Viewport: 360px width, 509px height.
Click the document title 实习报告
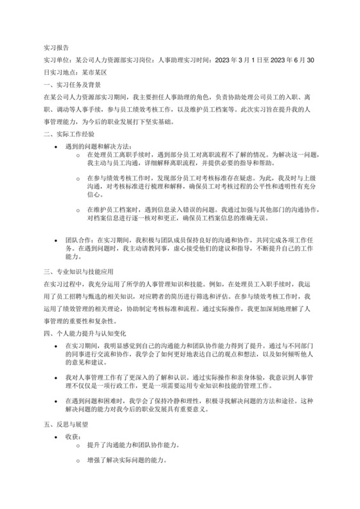[56, 48]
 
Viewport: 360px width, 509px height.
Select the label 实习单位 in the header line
[55, 60]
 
